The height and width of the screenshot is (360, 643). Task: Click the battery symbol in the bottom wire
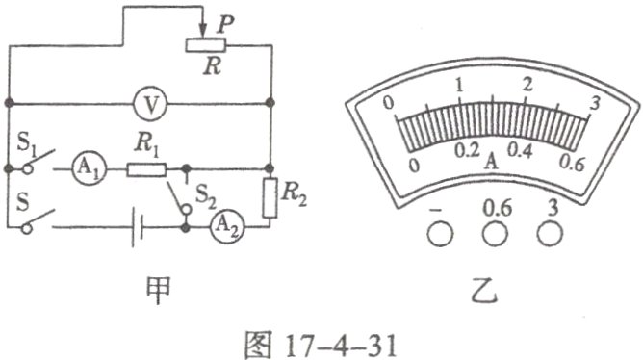pyautogui.click(x=141, y=228)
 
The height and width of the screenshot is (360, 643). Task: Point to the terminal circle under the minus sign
pyautogui.click(x=439, y=232)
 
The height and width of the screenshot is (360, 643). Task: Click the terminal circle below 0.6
pyautogui.click(x=496, y=232)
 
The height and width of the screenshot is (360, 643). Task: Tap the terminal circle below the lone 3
pyautogui.click(x=552, y=232)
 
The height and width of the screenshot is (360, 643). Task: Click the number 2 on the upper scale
pyautogui.click(x=527, y=84)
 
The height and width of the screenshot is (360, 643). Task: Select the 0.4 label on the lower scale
pyautogui.click(x=521, y=152)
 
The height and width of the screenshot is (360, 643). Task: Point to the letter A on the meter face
pyautogui.click(x=493, y=162)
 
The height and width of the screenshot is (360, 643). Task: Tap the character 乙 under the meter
pyautogui.click(x=494, y=287)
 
